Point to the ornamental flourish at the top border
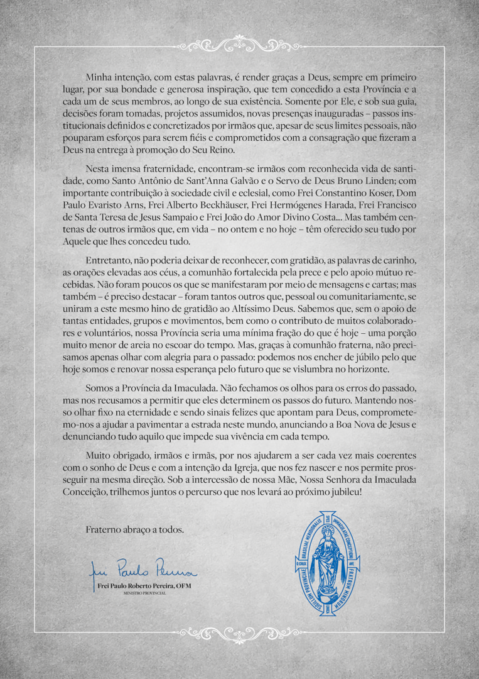click(x=239, y=46)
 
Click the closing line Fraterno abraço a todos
click(x=135, y=529)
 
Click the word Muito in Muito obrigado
click(x=99, y=455)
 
